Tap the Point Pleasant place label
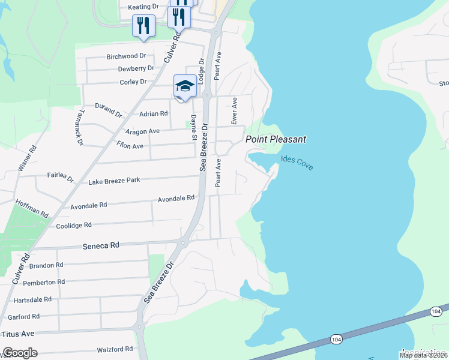[x=276, y=139]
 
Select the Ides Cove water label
[x=297, y=163]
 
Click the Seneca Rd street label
[x=100, y=245]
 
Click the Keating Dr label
[x=143, y=7]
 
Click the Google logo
[x=19, y=353]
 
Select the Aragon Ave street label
[x=142, y=131]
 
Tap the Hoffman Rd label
[x=32, y=208]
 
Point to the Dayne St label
[x=194, y=128]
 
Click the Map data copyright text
[x=423, y=355]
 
